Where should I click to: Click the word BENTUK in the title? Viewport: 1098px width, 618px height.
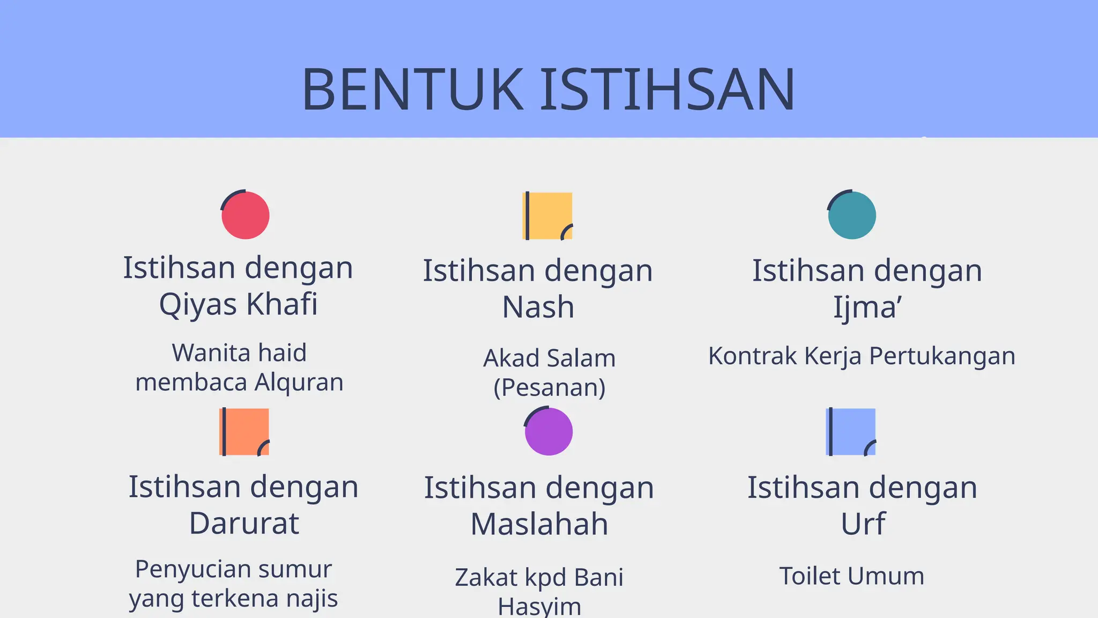412,89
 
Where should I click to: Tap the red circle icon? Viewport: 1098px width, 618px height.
245,215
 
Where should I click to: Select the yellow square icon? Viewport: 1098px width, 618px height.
547,216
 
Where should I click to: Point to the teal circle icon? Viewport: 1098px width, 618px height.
851,215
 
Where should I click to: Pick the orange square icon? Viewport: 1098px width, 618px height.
244,432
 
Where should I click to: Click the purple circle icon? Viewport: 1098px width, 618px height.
548,431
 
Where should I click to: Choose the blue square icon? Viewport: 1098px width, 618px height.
851,432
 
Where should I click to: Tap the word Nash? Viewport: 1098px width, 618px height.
538,307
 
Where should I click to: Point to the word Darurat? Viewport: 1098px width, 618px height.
244,524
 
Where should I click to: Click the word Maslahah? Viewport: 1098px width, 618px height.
539,524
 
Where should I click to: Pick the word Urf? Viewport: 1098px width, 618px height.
863,524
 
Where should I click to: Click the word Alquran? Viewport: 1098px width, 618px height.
299,382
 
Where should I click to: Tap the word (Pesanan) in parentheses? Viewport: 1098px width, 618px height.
550,387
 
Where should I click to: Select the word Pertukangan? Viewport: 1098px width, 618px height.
942,356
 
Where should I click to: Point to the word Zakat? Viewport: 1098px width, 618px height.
487,578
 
